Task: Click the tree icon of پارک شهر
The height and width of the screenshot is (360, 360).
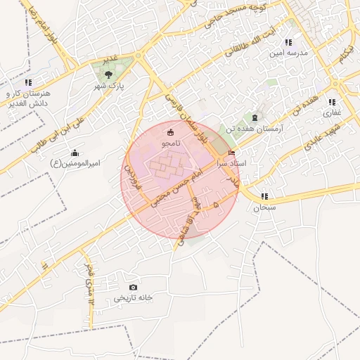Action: [x=108, y=73]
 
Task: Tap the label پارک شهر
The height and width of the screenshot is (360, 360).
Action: [x=109, y=86]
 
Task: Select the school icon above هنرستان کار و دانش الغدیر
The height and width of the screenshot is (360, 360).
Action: [x=28, y=82]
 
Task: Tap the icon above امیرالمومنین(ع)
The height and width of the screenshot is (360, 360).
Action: [x=75, y=153]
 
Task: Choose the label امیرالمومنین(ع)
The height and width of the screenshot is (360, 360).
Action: [x=76, y=164]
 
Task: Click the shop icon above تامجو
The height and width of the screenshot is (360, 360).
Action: [x=170, y=131]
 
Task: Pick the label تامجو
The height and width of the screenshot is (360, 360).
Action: [x=170, y=143]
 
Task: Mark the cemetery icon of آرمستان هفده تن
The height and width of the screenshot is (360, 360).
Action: [x=255, y=117]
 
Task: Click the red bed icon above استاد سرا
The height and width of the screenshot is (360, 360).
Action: [x=232, y=152]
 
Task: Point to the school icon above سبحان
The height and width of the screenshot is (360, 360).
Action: [x=265, y=196]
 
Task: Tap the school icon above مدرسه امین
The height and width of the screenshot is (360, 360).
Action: [x=288, y=43]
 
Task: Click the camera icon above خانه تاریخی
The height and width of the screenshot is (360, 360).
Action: [x=134, y=287]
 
